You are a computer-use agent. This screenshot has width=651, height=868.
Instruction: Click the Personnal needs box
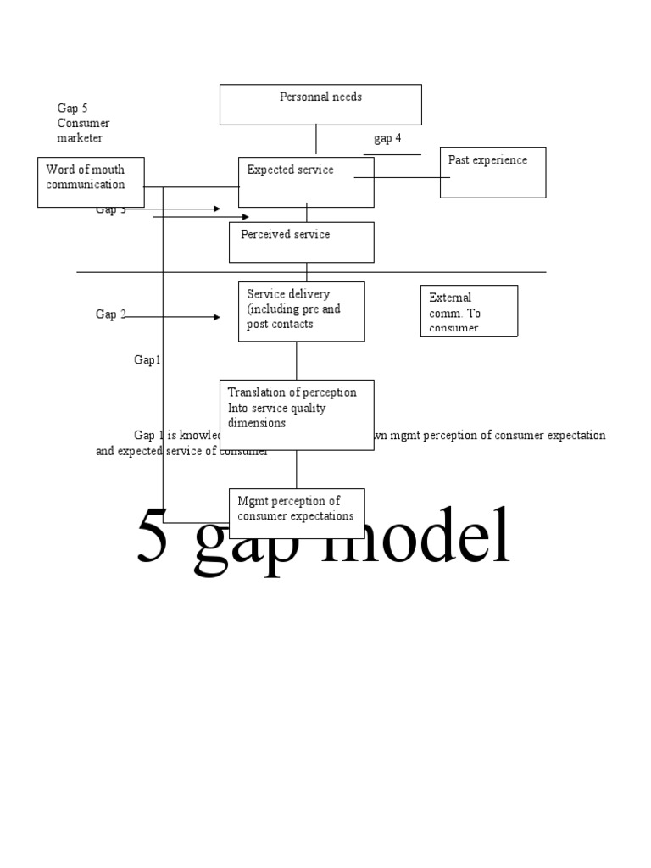point(320,103)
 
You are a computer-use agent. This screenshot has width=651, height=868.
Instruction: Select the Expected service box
point(305,181)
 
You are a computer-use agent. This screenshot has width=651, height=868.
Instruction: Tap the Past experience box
point(492,172)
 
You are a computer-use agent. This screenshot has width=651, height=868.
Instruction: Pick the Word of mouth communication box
point(92,181)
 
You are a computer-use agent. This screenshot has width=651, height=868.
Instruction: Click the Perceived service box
point(301,242)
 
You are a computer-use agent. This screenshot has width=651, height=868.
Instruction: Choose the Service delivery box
point(301,311)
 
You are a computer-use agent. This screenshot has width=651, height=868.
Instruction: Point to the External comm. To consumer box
point(469,310)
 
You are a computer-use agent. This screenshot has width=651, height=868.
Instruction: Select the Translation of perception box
point(297,415)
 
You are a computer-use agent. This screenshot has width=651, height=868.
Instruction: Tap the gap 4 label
point(387,138)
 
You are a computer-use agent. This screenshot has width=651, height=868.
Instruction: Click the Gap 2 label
point(110,314)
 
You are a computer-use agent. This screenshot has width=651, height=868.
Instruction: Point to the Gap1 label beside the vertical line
point(147,360)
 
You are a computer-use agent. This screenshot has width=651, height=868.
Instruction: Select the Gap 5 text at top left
point(72,108)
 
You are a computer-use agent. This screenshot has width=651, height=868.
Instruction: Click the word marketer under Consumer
point(80,138)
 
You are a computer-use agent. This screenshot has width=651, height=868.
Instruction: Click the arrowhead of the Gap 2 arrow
point(216,317)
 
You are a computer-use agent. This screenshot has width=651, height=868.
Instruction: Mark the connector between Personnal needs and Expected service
point(316,140)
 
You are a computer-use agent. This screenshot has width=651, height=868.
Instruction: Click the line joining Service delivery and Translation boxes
point(297,360)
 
